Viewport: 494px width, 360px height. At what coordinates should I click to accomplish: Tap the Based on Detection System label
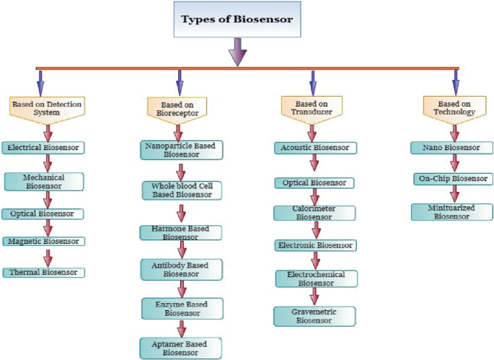click(x=46, y=108)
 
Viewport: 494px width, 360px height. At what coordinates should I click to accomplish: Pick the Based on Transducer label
click(x=312, y=108)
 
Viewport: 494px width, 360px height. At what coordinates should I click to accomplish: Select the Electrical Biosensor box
click(x=43, y=147)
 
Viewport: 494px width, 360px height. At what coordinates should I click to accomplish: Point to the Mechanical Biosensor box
click(x=44, y=181)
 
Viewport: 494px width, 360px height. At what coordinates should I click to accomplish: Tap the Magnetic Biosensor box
click(x=43, y=242)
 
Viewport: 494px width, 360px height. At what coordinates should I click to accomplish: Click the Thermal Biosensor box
click(x=43, y=273)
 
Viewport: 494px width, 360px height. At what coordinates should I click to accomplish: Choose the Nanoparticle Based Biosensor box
click(x=181, y=149)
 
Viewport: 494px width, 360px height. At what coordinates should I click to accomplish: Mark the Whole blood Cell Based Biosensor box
click(x=181, y=190)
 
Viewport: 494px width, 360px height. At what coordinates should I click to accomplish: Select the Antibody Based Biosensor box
click(x=181, y=270)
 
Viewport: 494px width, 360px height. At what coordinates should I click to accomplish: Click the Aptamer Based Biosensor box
click(x=181, y=347)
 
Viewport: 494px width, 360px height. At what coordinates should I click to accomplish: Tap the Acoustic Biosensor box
click(x=314, y=148)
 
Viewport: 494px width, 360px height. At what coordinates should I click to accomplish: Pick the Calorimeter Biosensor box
click(x=314, y=213)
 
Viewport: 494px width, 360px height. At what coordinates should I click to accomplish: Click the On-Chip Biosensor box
click(x=454, y=178)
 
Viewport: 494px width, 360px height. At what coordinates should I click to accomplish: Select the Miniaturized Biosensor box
click(x=454, y=211)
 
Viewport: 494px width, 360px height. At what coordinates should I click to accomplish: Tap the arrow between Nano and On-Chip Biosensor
click(x=454, y=163)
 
